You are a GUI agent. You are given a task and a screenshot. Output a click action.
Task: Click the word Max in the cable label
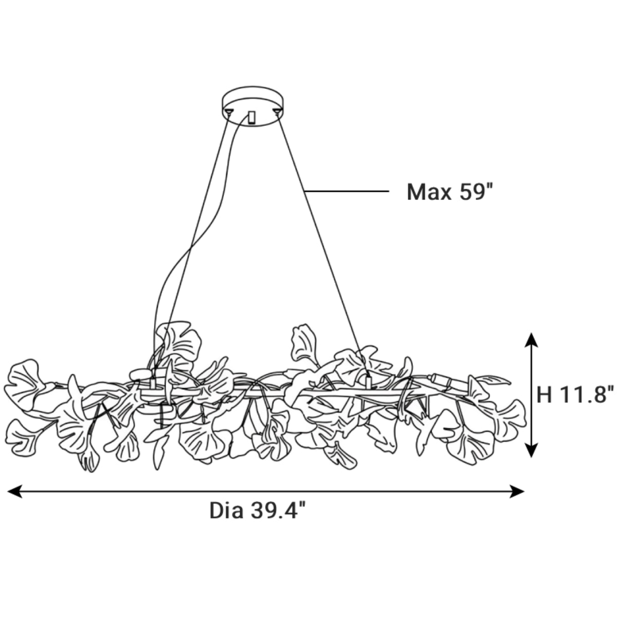coord(429,192)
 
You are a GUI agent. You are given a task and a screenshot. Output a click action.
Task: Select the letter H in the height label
coord(545,394)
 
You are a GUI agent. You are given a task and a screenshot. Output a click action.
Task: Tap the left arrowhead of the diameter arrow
coord(15,491)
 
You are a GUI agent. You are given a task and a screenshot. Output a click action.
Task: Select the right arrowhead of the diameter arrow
coord(516,491)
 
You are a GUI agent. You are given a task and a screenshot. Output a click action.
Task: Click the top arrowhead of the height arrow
coord(532,340)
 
